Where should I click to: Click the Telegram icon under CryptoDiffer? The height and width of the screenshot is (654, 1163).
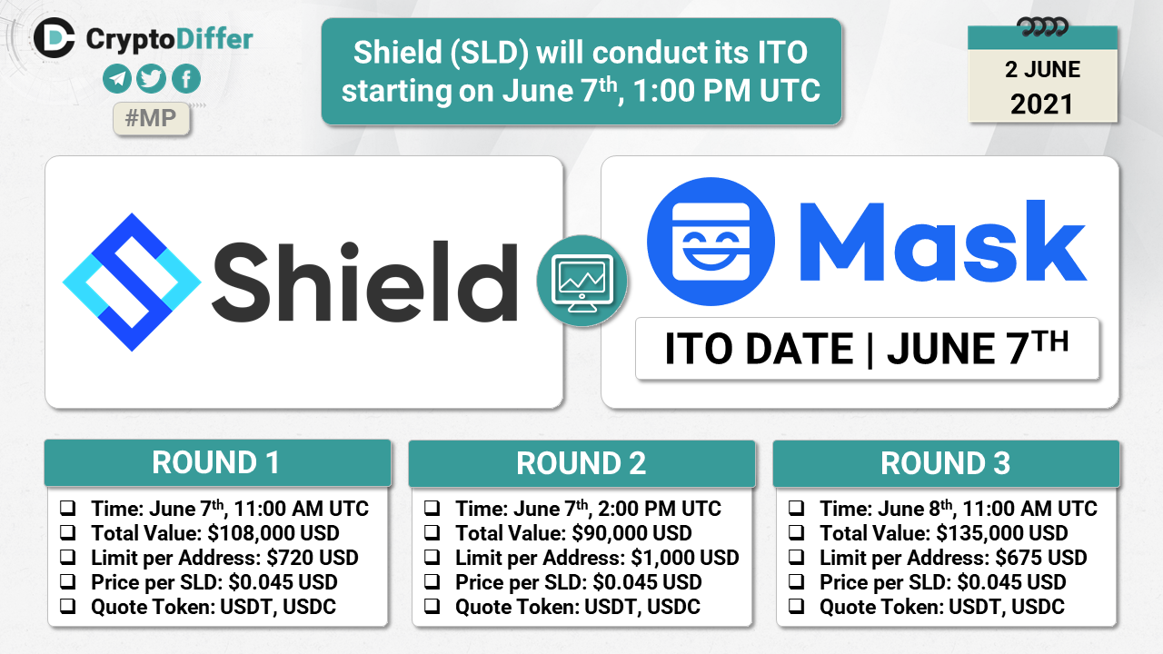[x=117, y=79]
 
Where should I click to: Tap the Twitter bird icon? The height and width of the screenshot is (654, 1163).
[x=152, y=79]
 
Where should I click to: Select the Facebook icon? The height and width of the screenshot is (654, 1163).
[x=186, y=79]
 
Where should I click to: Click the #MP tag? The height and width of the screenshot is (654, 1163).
[x=151, y=119]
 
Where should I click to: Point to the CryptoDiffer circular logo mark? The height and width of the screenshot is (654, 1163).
[x=54, y=38]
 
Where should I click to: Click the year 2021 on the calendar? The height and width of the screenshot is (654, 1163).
[x=1041, y=104]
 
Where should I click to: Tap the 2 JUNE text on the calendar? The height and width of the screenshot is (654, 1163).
[x=1042, y=70]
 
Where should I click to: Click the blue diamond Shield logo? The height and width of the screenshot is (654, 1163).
[x=132, y=282]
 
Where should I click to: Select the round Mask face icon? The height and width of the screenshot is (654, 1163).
[x=711, y=242]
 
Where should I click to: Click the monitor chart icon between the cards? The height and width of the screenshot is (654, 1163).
[x=582, y=281]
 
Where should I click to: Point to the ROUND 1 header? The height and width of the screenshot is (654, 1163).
[x=217, y=462]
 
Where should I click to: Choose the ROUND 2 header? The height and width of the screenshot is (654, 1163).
[x=581, y=463]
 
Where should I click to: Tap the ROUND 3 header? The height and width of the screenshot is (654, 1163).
[x=946, y=463]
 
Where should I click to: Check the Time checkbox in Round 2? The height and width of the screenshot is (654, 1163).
[x=432, y=508]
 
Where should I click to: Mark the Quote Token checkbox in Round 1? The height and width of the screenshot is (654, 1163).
[x=67, y=606]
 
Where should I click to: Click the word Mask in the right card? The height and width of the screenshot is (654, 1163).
[x=943, y=242]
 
